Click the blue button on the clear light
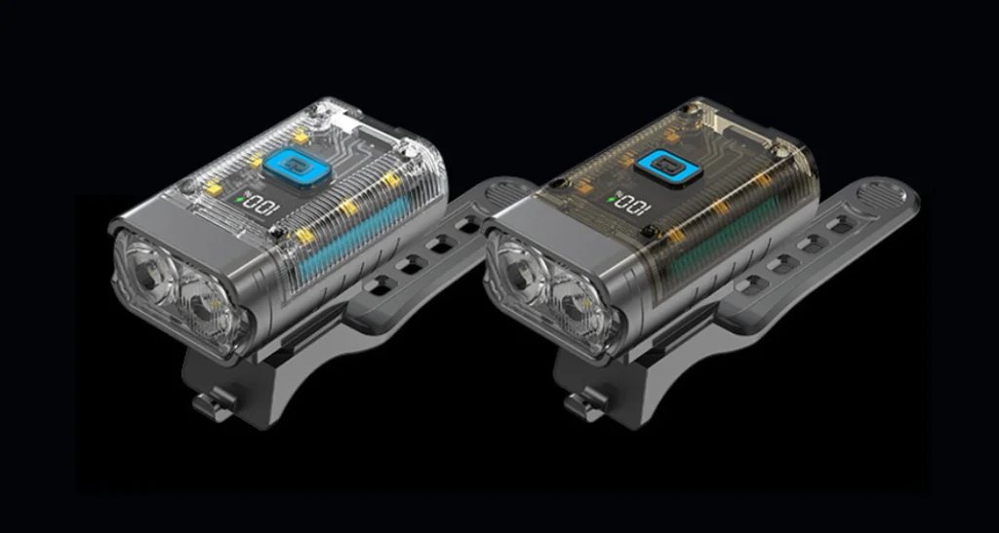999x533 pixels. pyautogui.click(x=295, y=170)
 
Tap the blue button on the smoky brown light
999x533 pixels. pyautogui.click(x=667, y=168)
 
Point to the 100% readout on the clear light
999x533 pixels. pyautogui.click(x=260, y=206)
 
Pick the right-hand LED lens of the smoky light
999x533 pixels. pyautogui.click(x=575, y=311)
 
